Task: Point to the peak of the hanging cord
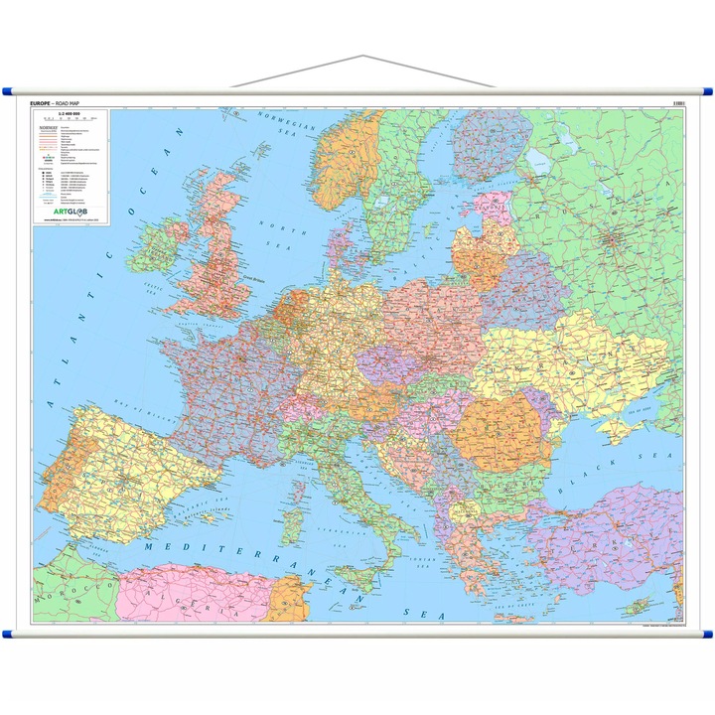(x=363, y=57)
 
